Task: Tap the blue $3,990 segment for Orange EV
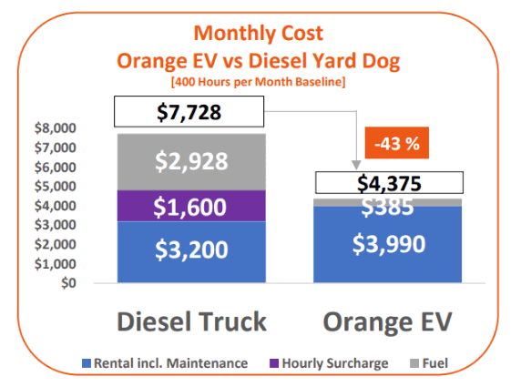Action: (388, 245)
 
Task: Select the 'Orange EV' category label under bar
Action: (388, 321)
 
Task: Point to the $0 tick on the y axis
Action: (91, 282)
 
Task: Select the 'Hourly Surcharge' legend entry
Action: (330, 363)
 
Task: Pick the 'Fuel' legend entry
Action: (434, 363)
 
